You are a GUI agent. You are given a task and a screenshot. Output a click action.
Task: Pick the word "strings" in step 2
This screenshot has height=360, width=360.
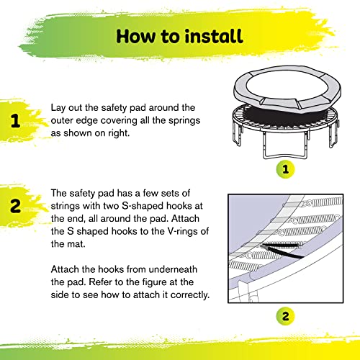point(69,207)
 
